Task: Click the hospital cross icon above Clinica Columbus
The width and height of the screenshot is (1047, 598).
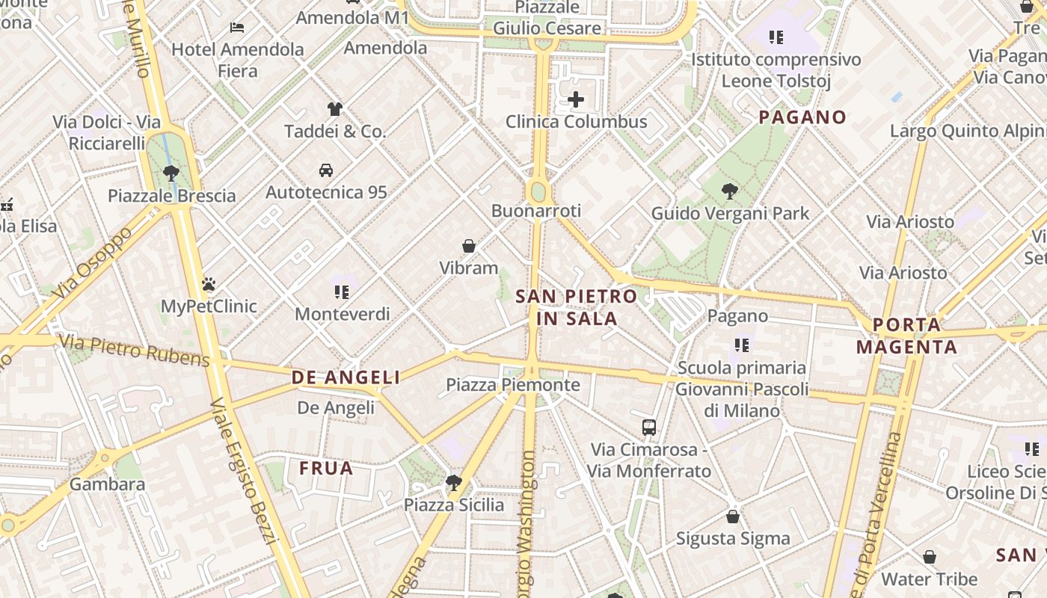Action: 576,99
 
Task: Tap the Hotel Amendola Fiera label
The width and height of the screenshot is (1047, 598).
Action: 238,60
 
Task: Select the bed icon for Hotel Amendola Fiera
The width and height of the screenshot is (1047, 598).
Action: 237,28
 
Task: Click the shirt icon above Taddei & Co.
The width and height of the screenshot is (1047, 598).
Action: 335,109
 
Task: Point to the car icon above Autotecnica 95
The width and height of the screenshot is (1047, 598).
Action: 326,170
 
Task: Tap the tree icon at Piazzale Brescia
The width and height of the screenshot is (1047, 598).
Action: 171,173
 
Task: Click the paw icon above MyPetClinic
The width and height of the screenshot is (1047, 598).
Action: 209,284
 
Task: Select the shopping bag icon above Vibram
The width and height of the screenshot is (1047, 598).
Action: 469,246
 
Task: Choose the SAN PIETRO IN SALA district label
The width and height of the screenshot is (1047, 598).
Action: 577,307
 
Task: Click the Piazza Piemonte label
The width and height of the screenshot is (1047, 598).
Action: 513,385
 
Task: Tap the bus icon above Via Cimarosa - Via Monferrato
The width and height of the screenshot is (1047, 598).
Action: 649,428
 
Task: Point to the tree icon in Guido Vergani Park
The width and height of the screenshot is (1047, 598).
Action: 730,191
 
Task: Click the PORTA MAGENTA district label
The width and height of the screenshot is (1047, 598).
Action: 906,336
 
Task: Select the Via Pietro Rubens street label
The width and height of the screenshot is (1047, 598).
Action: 135,351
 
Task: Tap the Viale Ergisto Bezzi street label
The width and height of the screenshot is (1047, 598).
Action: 244,471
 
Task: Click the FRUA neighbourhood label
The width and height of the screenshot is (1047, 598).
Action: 326,469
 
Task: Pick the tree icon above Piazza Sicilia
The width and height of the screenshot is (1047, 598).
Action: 453,482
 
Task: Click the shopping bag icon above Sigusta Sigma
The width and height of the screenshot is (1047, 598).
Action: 733,517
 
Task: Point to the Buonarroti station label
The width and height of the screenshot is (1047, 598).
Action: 535,211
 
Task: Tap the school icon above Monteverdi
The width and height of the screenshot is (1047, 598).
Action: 342,292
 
